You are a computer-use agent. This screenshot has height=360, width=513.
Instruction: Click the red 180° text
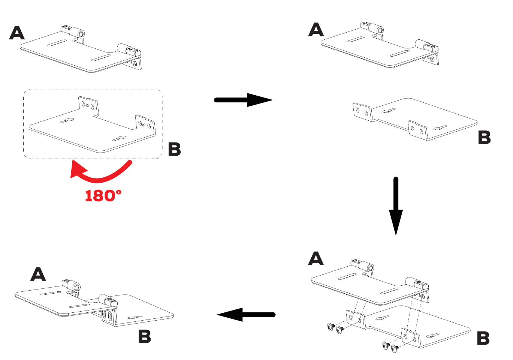[103, 195]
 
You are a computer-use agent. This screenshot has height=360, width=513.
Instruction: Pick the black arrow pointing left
[246, 315]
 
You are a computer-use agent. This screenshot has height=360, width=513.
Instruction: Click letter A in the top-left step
[17, 33]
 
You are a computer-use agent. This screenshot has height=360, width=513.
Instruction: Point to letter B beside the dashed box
[174, 149]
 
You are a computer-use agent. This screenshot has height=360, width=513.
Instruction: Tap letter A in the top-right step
[316, 30]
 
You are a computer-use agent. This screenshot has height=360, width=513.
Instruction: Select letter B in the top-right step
[484, 138]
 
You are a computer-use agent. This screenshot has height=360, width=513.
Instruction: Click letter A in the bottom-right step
[316, 258]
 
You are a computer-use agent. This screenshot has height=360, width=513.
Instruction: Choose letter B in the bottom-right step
[483, 338]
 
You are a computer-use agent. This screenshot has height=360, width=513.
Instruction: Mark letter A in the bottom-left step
[38, 274]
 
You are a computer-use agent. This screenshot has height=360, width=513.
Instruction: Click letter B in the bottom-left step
[144, 336]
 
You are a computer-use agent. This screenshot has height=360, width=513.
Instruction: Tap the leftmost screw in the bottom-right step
[330, 327]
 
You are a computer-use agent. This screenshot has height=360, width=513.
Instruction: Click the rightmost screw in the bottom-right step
[394, 348]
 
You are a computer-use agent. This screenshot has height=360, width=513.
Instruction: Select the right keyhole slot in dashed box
[122, 138]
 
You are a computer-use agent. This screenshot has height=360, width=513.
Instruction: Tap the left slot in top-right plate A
[357, 39]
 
